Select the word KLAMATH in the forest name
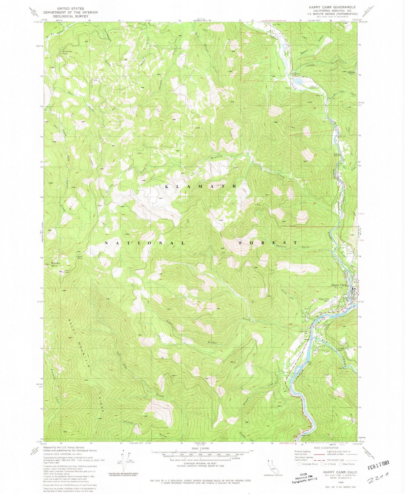[200, 186]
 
